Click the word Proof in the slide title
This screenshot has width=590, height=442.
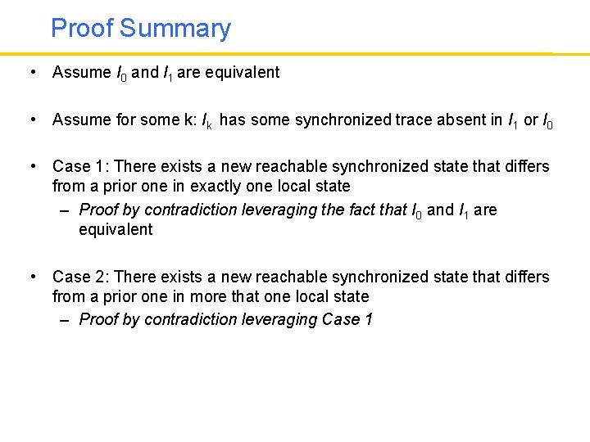(x=82, y=29)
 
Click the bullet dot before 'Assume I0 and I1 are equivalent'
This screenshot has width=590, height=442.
(x=31, y=72)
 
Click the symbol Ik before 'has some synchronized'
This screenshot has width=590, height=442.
(x=208, y=120)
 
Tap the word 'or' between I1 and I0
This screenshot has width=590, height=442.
(x=531, y=120)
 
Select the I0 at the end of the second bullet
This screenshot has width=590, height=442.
(x=548, y=120)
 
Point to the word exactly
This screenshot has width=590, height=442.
(x=237, y=186)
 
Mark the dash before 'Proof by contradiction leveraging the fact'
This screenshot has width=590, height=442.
(x=65, y=210)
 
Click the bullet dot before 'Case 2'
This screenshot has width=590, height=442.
(x=31, y=277)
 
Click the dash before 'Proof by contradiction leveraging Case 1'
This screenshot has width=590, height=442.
(x=65, y=320)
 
